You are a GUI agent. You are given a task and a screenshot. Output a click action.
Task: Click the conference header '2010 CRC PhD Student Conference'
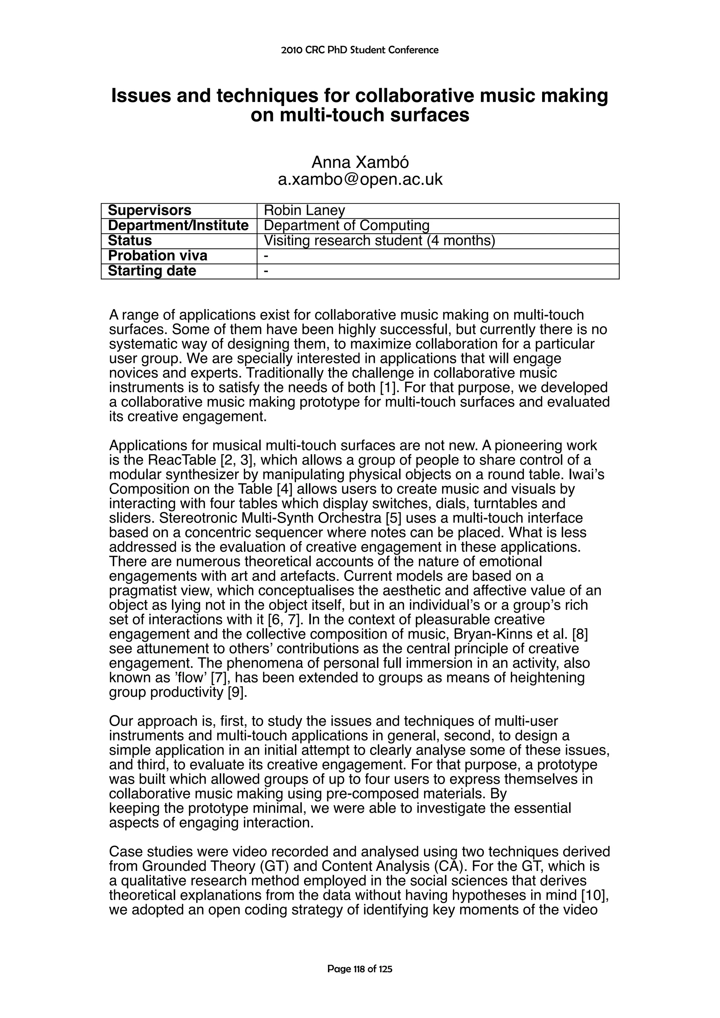pos(360,50)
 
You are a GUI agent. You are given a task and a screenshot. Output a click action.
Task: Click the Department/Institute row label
pos(178,226)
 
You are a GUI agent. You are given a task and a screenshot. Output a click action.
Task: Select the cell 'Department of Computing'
pos(347,226)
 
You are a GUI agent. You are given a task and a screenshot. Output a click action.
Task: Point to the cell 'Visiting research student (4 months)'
pos(379,241)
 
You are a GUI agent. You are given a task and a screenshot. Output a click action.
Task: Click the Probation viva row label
pos(157,256)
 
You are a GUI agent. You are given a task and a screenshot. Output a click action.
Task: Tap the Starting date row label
pos(152,271)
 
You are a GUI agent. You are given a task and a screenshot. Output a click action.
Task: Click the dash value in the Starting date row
pos(266,271)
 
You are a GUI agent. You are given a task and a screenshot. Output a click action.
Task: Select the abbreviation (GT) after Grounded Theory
pos(277,866)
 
